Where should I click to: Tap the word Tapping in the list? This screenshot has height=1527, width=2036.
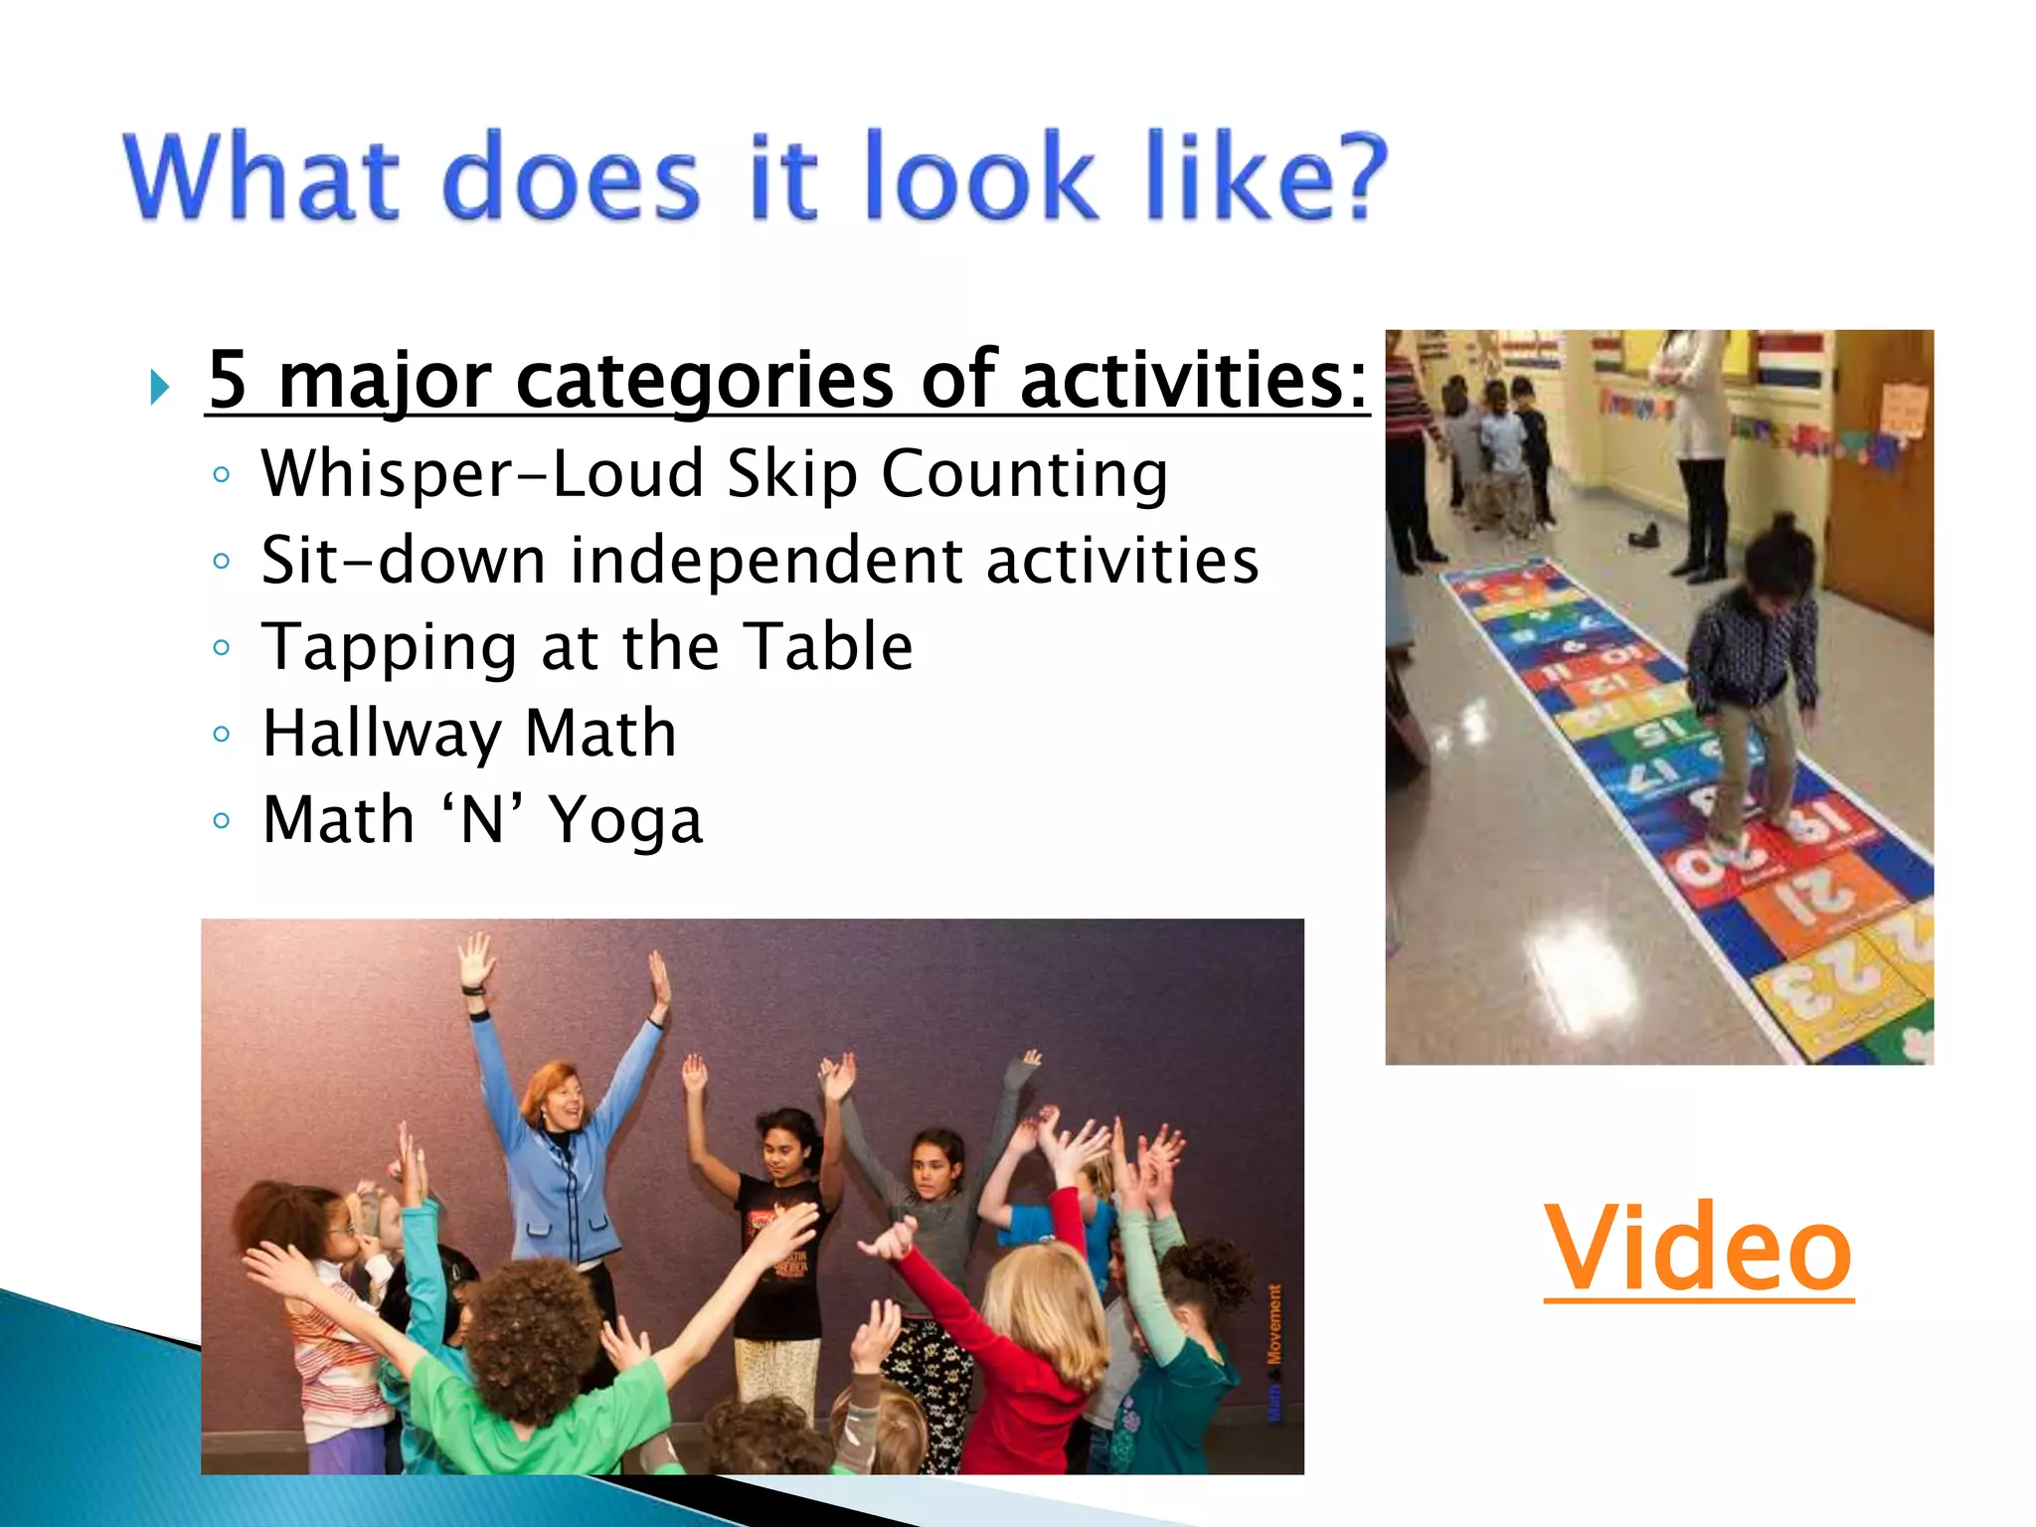pos(389,648)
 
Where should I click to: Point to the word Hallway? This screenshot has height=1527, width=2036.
pos(382,734)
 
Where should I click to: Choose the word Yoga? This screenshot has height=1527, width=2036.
pos(626,821)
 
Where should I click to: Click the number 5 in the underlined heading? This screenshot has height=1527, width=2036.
pos(228,380)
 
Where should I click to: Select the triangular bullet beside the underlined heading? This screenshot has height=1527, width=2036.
pos(159,386)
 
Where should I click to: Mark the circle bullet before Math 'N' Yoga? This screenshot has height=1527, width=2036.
pos(222,821)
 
